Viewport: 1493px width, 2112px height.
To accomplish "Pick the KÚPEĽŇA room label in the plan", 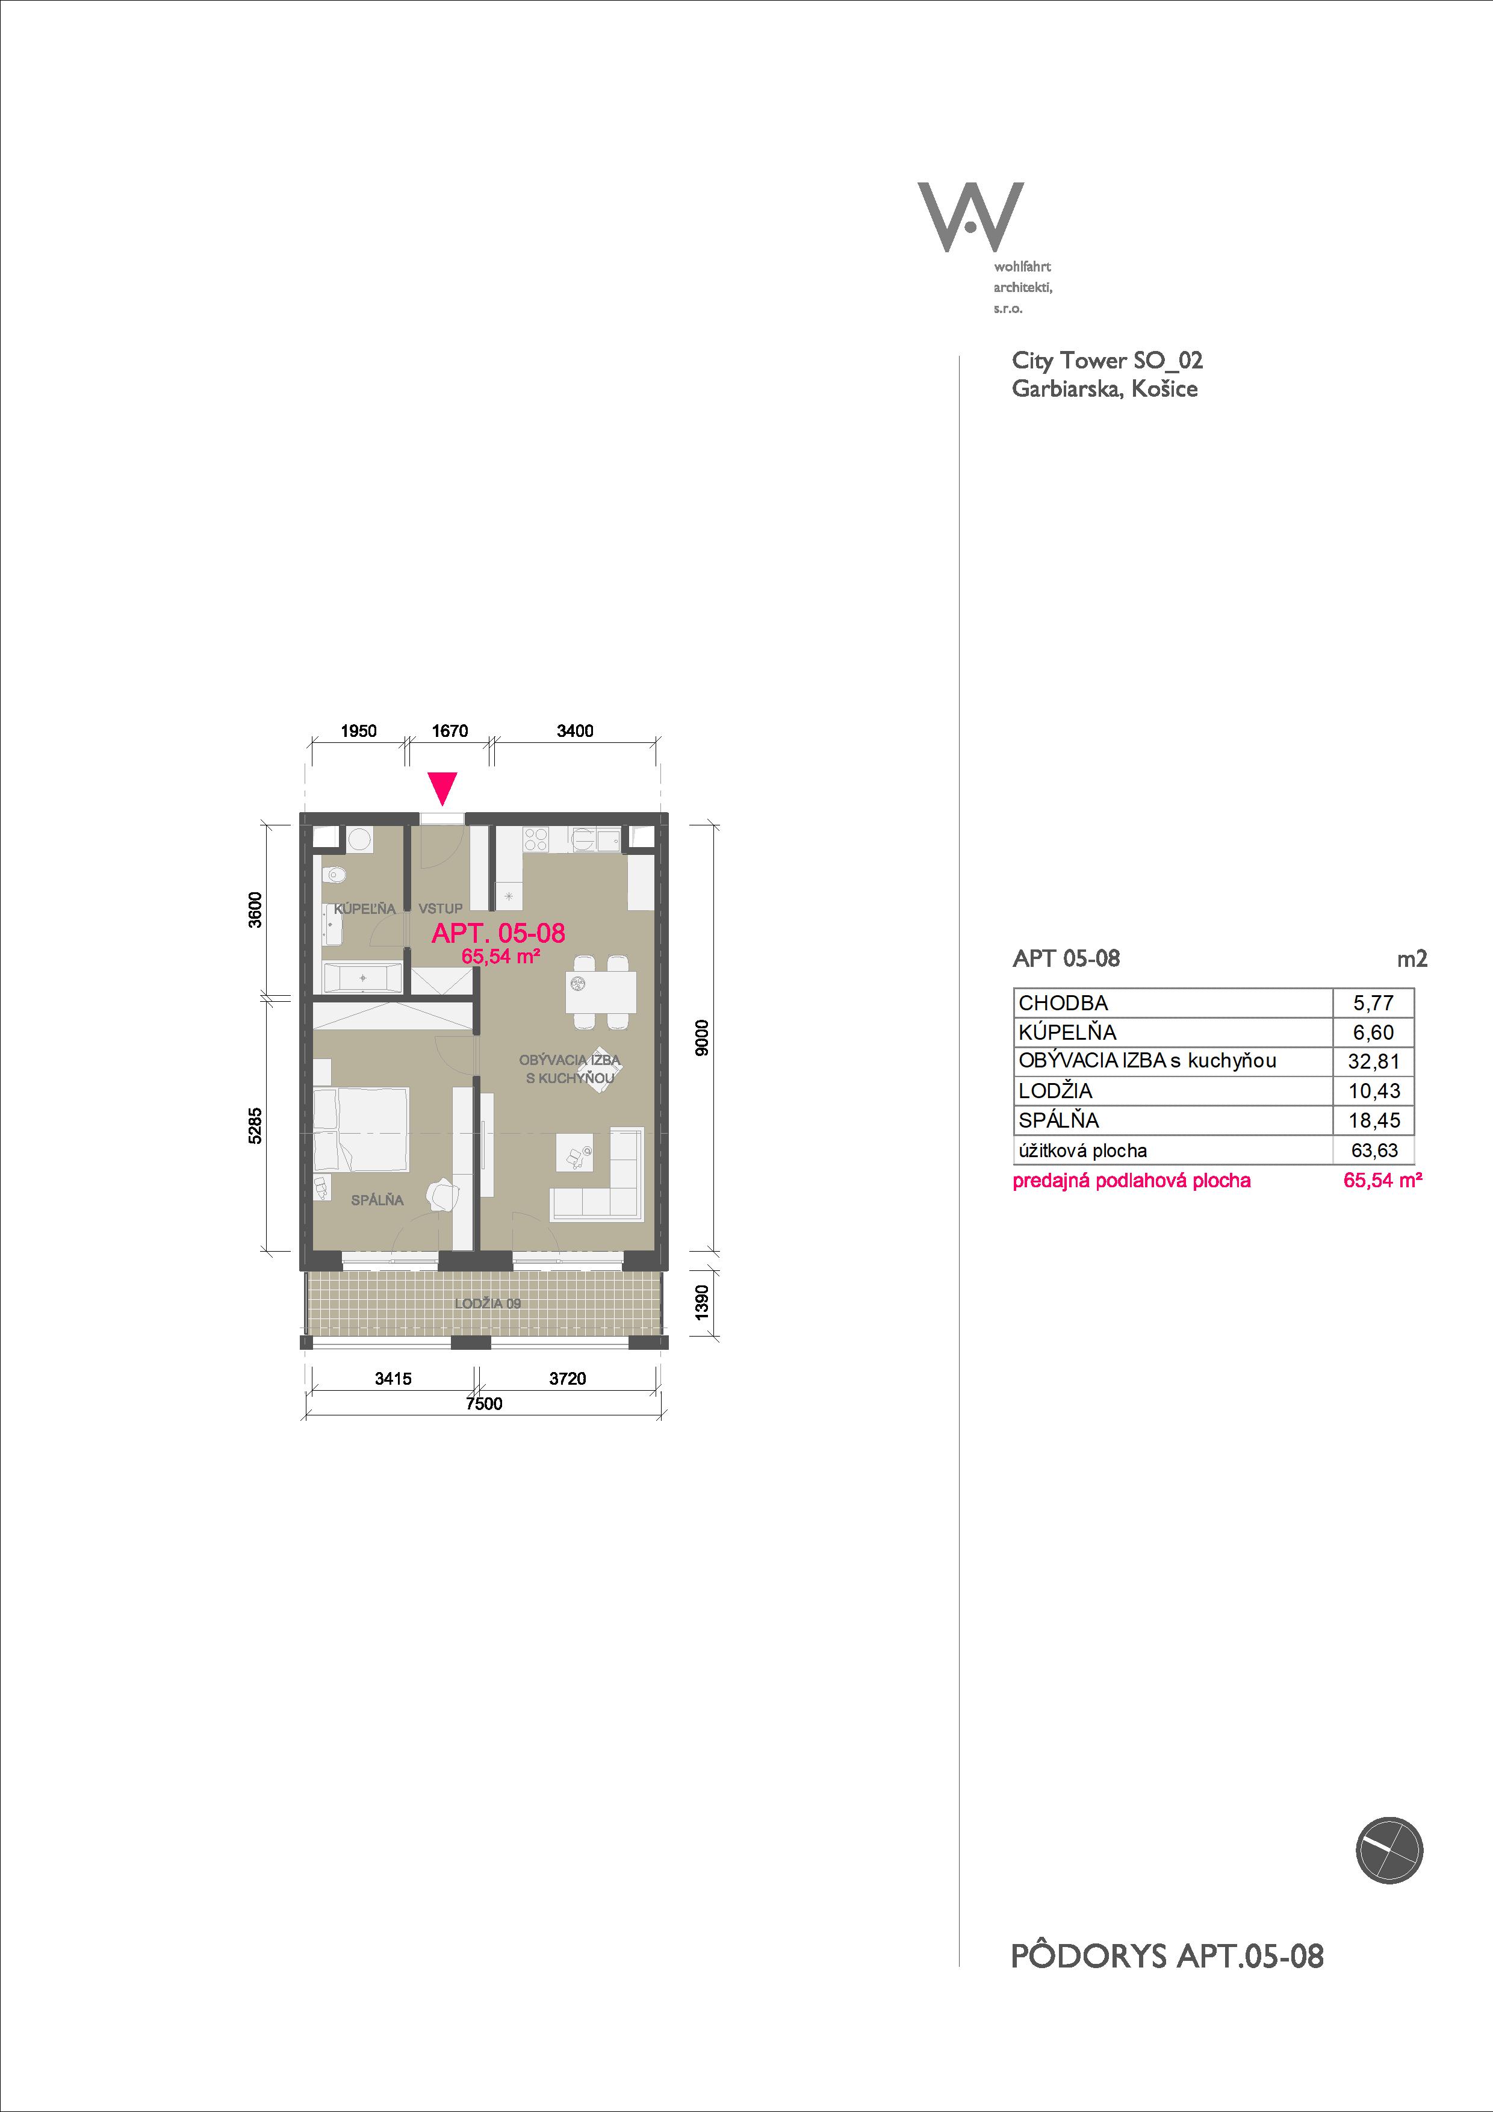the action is pos(364,909).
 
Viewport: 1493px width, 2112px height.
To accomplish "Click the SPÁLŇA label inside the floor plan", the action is pos(377,1199).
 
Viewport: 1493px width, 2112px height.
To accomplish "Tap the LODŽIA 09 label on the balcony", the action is pos(488,1303).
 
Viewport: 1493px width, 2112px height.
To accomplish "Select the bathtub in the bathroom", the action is pos(362,978).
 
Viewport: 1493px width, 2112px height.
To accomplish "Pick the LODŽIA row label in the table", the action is pos(1055,1090).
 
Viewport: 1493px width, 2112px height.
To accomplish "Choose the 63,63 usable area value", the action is pos(1374,1150).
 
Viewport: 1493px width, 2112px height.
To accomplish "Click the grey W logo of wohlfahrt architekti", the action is pos(970,217).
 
